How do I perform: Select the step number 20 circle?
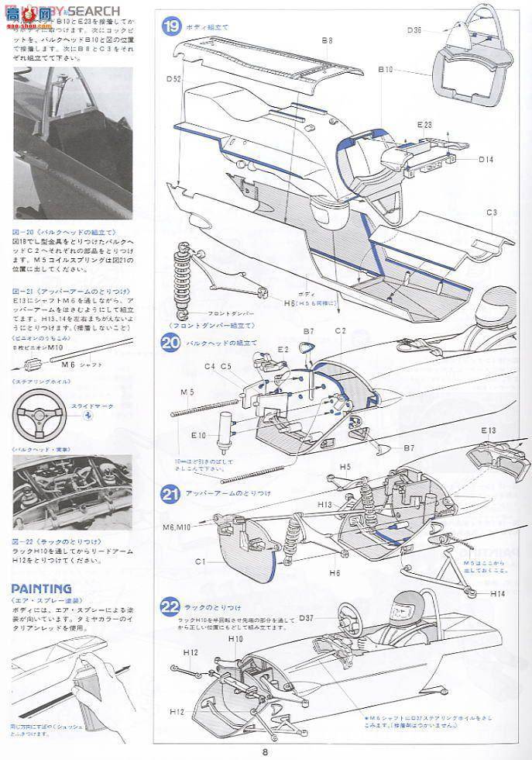coord(171,342)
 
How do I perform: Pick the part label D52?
coord(173,78)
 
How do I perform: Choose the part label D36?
coord(414,31)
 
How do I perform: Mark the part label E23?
coord(424,124)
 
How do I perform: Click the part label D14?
coord(486,160)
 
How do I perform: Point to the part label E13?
coord(489,430)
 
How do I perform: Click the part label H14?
coord(499,593)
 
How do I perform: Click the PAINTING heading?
coord(42,589)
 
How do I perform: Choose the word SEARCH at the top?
coord(97,11)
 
